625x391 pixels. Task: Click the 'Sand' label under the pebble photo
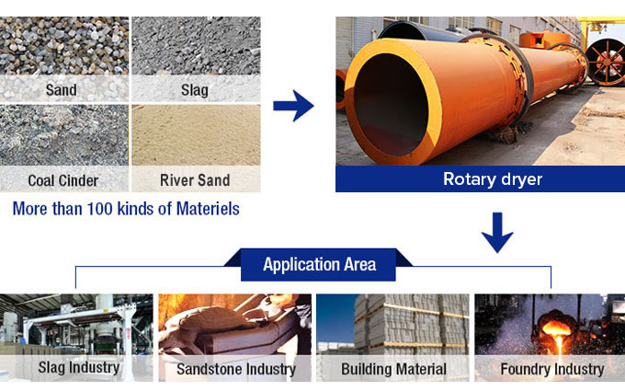62,90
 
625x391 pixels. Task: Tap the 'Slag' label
195,90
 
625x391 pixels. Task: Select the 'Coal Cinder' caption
63,180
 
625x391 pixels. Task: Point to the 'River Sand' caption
195,180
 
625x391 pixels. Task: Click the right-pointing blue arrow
293,106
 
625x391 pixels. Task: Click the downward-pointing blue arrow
497,233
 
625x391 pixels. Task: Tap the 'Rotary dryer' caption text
493,179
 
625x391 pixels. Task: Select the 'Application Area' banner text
319,265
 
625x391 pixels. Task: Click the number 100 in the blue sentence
99,209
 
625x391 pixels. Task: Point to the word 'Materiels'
208,209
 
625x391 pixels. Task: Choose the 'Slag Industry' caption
79,367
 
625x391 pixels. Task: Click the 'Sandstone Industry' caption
236,369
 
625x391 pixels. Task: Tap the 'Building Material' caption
393,369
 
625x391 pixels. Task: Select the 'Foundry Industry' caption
552,369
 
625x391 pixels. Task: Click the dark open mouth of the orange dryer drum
392,105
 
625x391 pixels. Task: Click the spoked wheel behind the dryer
606,61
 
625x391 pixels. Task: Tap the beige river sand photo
196,135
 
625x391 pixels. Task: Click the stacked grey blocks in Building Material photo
412,324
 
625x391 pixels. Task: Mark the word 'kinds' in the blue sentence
137,209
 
